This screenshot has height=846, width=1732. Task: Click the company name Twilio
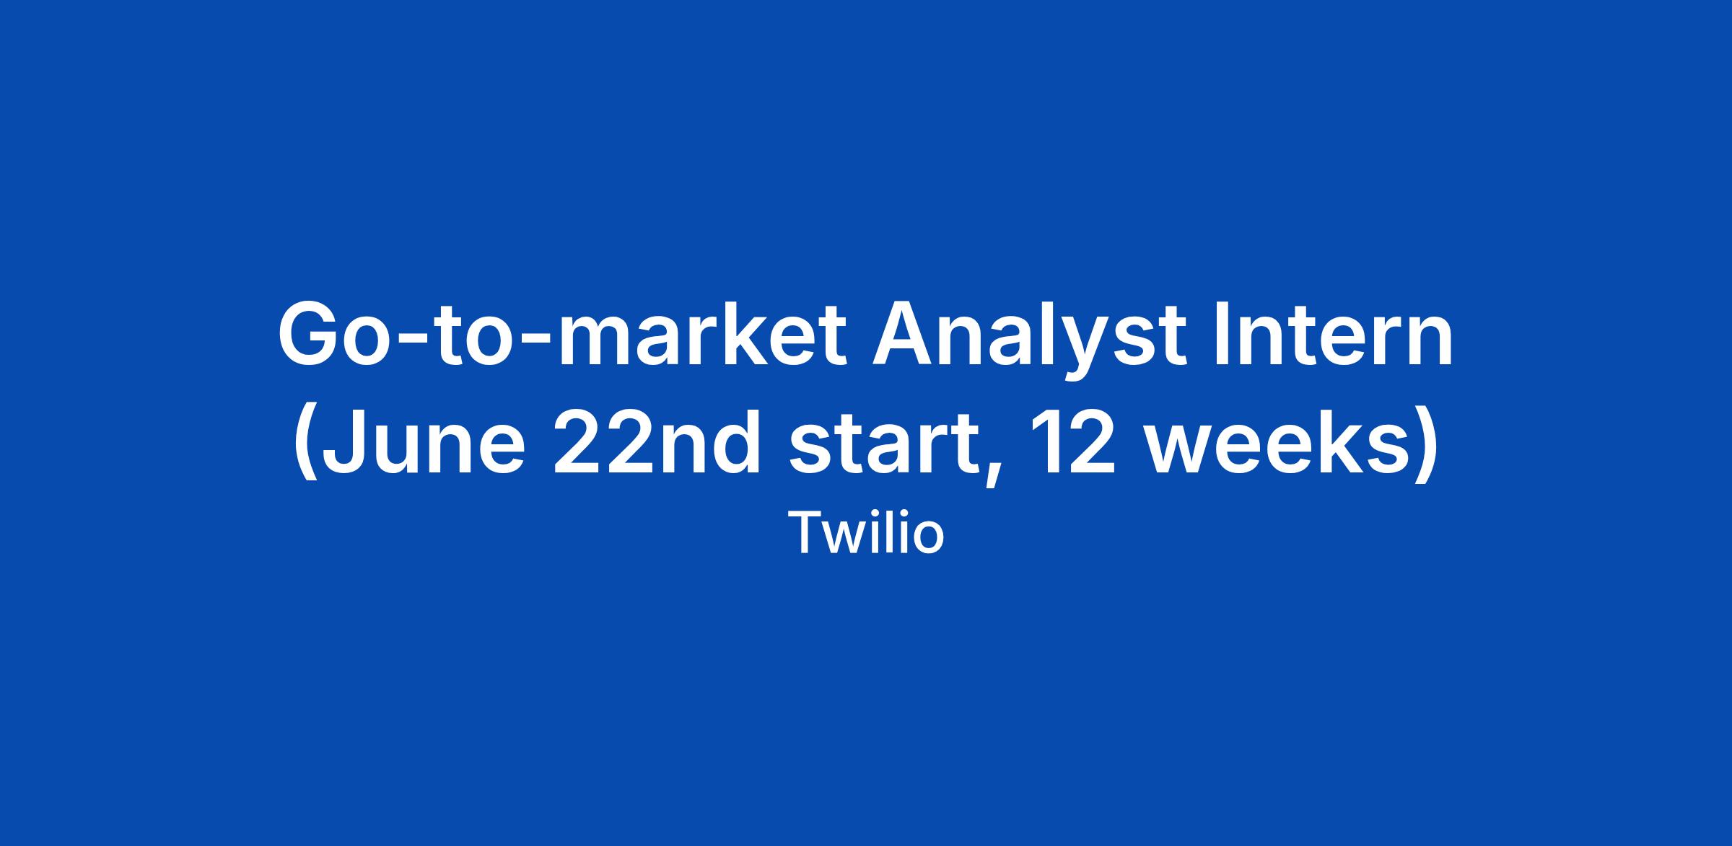(866, 534)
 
